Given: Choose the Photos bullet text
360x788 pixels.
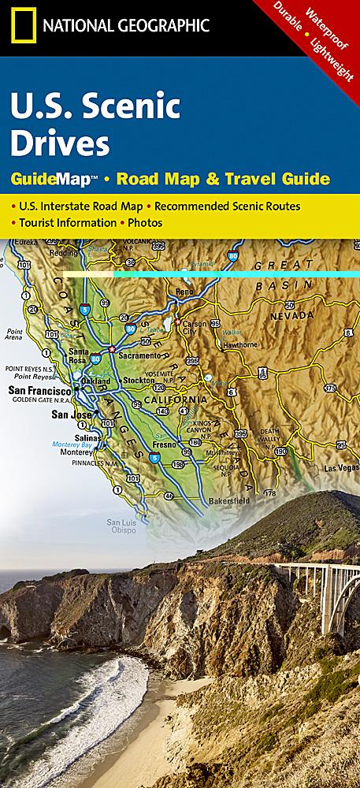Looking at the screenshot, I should coord(143,222).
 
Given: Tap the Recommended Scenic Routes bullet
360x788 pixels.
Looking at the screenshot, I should coord(227,206).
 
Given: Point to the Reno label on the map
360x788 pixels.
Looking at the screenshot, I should coord(185,292).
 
